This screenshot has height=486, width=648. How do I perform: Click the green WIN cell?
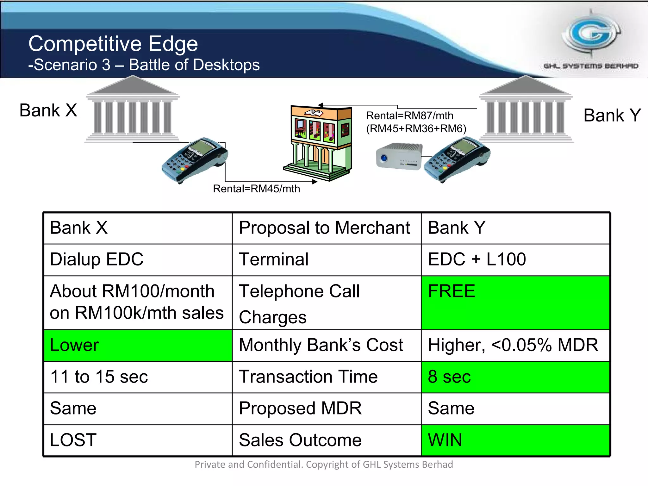pos(515,440)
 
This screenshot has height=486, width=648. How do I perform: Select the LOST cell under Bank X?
pos(138,440)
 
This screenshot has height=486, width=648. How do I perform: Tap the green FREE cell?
pos(515,302)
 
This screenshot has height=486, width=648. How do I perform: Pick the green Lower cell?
pos(138,345)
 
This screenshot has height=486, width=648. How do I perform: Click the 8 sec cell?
pos(515,377)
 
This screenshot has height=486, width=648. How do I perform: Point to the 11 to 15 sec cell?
pos(138,377)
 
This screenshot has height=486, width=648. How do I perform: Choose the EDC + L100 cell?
pos(515,259)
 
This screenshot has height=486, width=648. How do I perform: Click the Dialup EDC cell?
pos(138,259)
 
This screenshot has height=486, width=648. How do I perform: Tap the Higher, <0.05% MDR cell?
pos(515,345)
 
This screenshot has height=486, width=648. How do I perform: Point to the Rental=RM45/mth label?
pos(256,189)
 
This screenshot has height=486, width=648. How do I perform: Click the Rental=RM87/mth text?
pos(410,116)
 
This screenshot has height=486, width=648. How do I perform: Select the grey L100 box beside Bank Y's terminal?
pos(399,156)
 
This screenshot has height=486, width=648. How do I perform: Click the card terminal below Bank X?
pos(195,160)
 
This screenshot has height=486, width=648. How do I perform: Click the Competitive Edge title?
pos(113,44)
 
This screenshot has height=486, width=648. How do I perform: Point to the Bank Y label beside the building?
pos(612,115)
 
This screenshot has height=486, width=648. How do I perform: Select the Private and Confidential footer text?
pos(324,464)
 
